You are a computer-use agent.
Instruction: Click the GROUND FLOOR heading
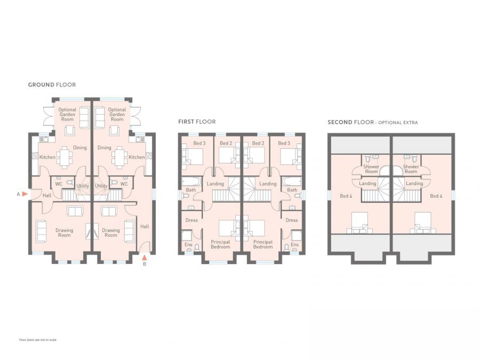tap(52, 85)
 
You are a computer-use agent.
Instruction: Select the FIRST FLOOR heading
tap(197, 122)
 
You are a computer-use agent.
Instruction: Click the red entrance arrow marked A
tap(25, 194)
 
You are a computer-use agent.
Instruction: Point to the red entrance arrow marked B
tap(144, 258)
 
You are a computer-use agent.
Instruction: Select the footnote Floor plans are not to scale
tap(38, 340)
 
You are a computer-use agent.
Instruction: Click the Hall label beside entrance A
tap(47, 196)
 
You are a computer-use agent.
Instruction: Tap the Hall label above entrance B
tap(145, 227)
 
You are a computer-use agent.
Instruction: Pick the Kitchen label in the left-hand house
tap(47, 157)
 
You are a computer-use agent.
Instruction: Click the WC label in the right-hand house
tap(124, 185)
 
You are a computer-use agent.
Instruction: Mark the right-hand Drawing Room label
tap(111, 233)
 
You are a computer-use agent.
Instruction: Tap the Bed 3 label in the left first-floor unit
tap(199, 143)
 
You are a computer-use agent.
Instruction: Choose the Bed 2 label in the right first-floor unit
tap(259, 143)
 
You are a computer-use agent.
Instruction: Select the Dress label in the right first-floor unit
tap(291, 220)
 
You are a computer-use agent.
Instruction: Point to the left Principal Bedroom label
tap(220, 244)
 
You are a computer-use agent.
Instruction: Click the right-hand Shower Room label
tap(411, 169)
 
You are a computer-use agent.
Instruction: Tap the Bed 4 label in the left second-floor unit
tap(346, 196)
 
